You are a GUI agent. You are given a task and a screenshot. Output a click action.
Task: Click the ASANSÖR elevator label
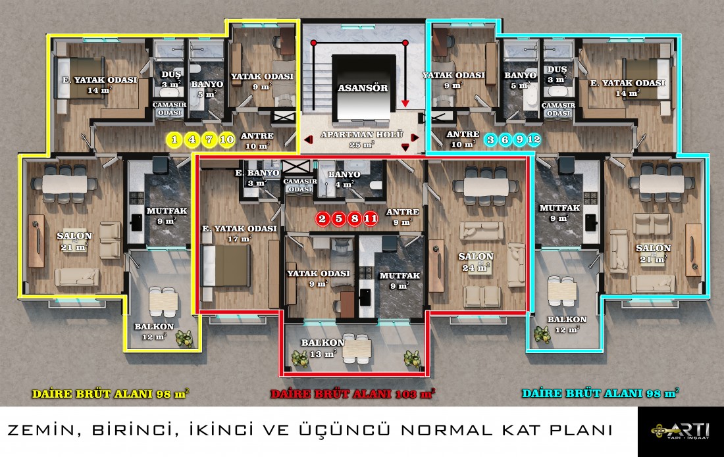tap(363, 87)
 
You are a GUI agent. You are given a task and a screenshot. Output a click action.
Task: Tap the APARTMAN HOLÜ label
tap(362, 135)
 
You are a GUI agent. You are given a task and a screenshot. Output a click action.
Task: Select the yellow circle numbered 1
tap(174, 139)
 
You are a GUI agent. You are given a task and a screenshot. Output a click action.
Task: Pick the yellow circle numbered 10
tap(226, 139)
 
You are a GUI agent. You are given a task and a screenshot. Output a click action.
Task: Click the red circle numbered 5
tap(338, 218)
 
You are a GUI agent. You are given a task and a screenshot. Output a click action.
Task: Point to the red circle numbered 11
tap(371, 218)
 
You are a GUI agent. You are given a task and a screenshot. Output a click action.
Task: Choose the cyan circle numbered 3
tap(491, 139)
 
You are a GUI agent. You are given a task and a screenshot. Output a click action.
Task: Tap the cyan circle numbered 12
tap(534, 139)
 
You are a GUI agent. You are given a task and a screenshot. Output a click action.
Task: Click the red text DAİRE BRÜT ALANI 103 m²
tap(353, 394)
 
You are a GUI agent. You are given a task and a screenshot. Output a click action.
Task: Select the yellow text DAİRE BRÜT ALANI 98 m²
tap(111, 394)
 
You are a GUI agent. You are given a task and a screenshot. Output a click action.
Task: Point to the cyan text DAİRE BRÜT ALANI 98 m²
tap(600, 393)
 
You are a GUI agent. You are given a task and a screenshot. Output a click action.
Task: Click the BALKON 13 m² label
tap(322, 348)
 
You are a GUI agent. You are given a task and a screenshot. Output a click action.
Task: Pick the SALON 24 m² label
tap(476, 262)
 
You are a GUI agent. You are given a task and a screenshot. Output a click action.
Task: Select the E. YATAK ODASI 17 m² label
tap(239, 233)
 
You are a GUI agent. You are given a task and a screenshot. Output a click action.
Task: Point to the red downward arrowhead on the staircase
tap(405, 104)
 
